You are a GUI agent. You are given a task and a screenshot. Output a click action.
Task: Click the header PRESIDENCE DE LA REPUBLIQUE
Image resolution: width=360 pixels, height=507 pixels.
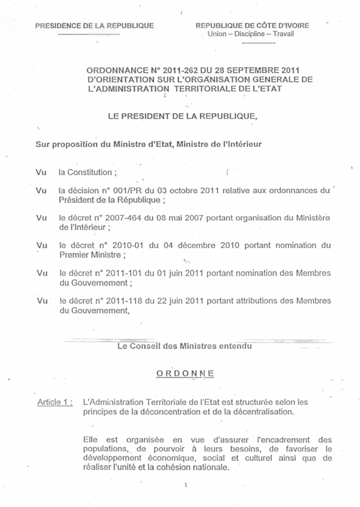(94, 25)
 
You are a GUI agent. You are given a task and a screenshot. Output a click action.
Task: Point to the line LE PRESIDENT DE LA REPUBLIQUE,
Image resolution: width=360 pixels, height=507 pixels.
(183, 117)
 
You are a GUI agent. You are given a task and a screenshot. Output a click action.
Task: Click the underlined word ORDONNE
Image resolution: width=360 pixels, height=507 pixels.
(186, 373)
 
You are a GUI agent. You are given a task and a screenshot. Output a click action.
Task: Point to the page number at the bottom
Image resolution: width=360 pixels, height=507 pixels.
(186, 485)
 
